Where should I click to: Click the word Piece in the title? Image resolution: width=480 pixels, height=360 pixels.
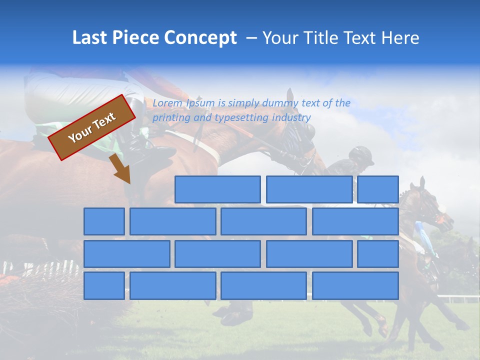click(131, 38)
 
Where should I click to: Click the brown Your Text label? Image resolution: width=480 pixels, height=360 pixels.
click(92, 127)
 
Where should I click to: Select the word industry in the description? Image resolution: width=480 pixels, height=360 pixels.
click(291, 118)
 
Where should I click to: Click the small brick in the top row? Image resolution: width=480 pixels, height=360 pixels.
click(378, 189)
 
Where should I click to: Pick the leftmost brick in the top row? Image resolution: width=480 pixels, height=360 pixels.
click(217, 189)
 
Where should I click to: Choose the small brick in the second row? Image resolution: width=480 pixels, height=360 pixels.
click(104, 221)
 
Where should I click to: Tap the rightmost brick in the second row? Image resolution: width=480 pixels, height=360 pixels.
click(355, 221)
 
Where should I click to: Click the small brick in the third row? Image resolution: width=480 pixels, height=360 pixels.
click(378, 253)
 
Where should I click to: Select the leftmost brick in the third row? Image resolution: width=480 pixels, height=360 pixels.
click(126, 253)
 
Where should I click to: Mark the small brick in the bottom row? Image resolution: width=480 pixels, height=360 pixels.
click(104, 285)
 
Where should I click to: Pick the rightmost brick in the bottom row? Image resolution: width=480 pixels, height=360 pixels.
click(355, 285)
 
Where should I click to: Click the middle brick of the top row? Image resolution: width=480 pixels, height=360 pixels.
click(309, 189)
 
